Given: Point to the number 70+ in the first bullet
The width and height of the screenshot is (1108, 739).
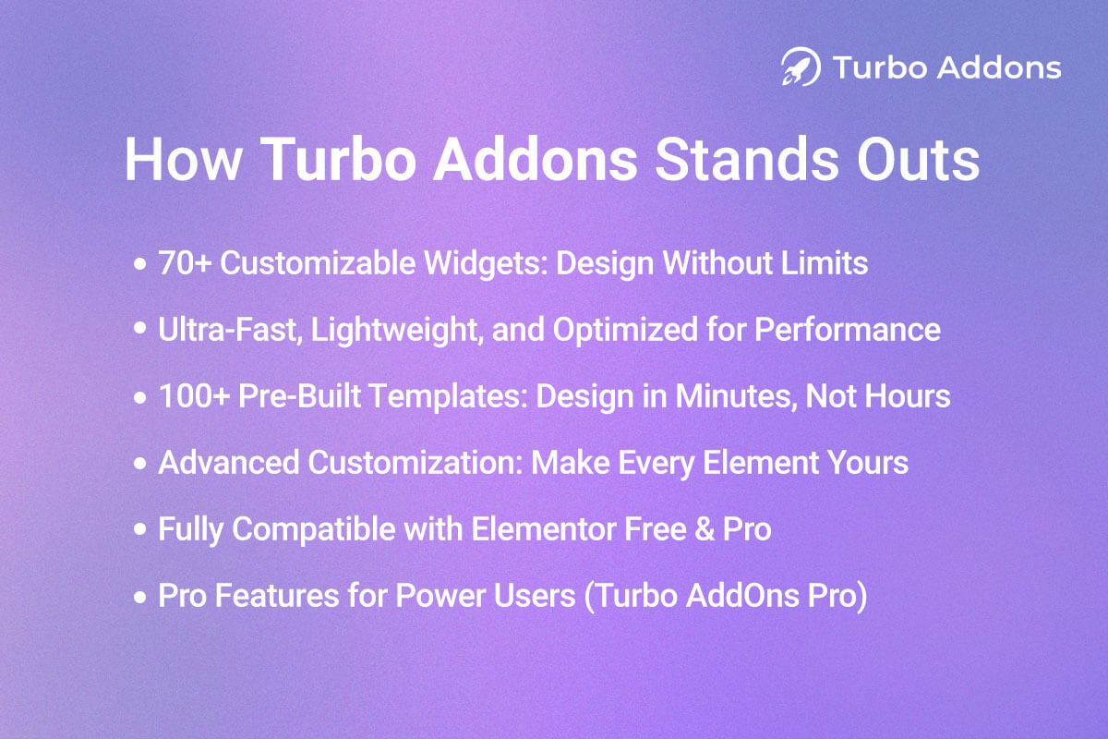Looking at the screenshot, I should pyautogui.click(x=184, y=263).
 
